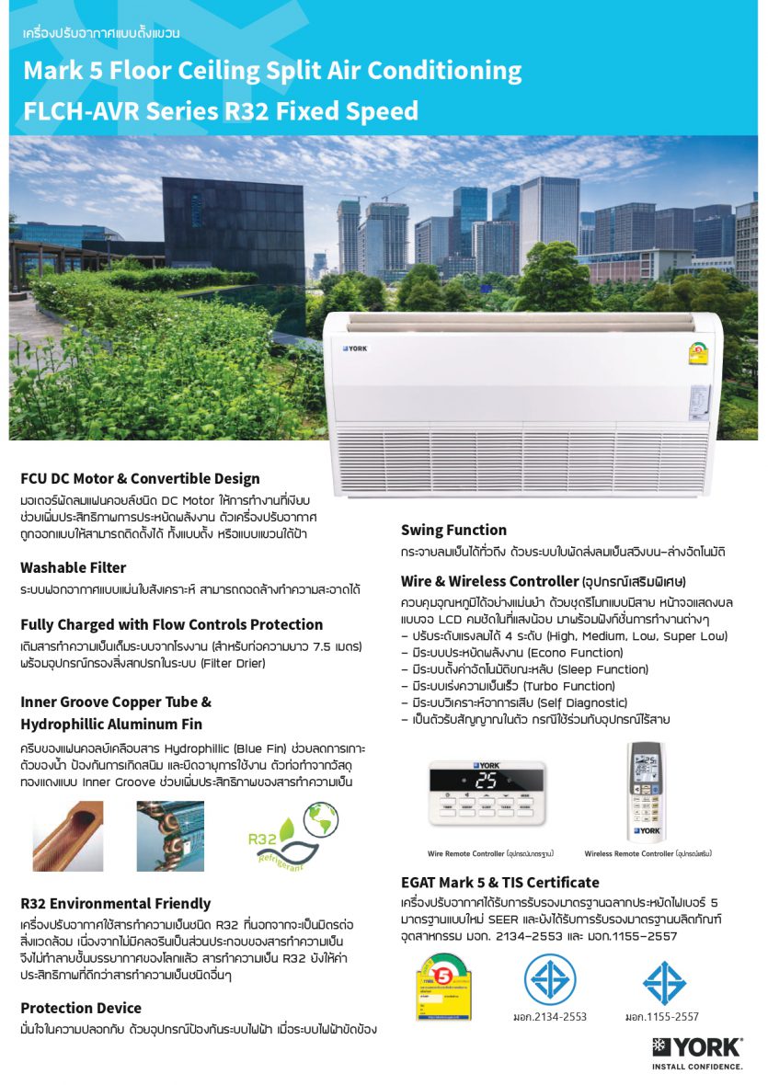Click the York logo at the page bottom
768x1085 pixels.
(696, 1046)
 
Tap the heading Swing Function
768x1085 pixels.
(453, 530)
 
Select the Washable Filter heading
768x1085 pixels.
(74, 567)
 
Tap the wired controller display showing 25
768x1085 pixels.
(485, 781)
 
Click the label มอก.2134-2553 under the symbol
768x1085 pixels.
(550, 1016)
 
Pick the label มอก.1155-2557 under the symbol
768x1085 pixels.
(661, 1016)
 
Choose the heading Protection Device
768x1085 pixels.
(81, 1008)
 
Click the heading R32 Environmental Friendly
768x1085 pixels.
(115, 903)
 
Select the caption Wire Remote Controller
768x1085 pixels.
(466, 853)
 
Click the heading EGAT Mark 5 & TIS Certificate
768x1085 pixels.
(499, 882)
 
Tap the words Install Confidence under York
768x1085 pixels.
(696, 1067)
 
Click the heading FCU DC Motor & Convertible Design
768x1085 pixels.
(140, 478)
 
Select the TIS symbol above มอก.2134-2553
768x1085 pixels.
(550, 978)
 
